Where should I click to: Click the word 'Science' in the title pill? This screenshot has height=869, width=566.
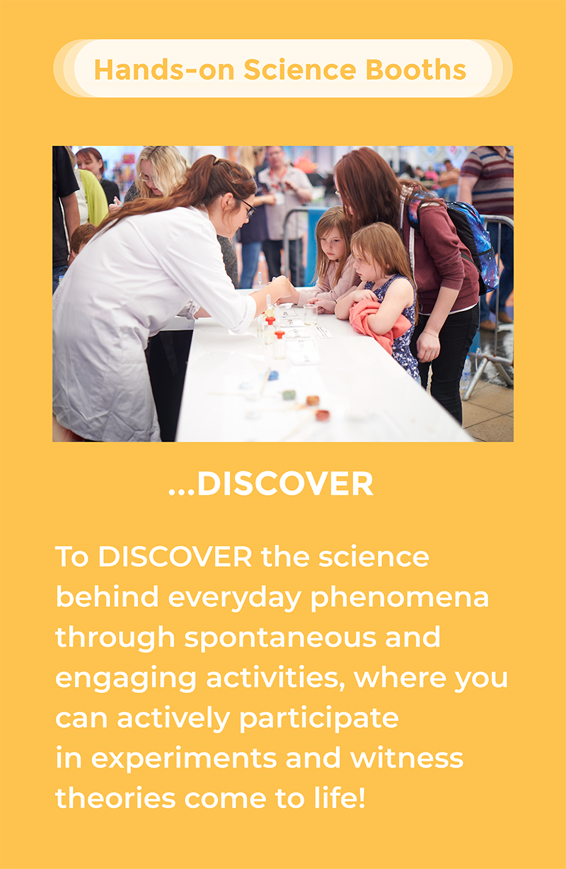click(x=299, y=70)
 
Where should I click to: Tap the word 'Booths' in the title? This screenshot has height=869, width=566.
click(x=415, y=70)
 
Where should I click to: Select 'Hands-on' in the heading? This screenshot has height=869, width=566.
click(x=164, y=70)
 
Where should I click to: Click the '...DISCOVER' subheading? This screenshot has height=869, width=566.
click(x=271, y=484)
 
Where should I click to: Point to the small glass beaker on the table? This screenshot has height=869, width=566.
click(x=311, y=314)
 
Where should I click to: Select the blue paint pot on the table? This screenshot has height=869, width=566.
click(x=273, y=375)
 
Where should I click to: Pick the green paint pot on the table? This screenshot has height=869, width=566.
click(x=289, y=394)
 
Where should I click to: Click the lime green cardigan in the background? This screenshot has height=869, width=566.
click(x=93, y=198)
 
